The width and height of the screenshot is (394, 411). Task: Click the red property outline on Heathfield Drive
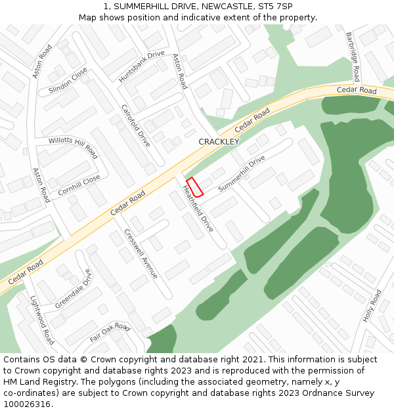195,187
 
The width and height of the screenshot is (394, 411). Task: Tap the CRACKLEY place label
219,141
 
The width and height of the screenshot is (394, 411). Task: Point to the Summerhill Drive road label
242,174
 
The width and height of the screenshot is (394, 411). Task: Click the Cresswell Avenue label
141,254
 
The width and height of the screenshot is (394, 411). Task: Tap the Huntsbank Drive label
141,66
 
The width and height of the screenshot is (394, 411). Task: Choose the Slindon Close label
68,82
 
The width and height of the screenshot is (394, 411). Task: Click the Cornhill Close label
79,185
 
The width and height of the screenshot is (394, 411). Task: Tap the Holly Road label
372,306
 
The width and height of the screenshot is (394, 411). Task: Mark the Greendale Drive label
74,290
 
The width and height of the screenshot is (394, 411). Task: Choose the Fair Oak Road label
110,332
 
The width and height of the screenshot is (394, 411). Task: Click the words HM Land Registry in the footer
35,382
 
